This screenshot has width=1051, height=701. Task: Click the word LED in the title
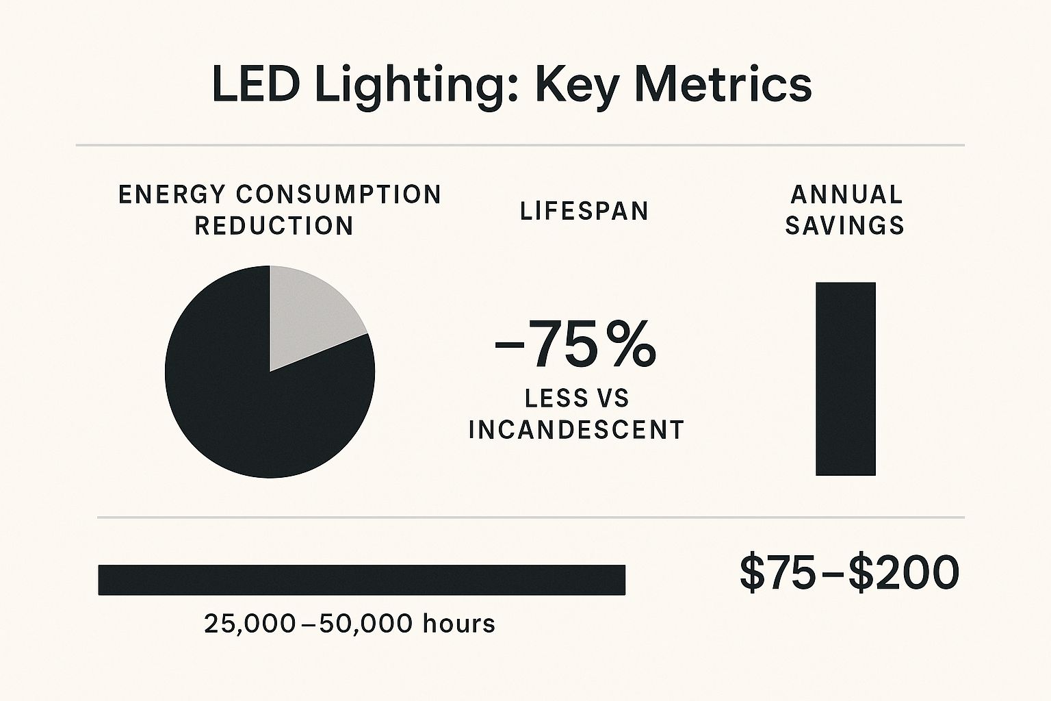coord(255,85)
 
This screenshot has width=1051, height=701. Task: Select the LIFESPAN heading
coord(584,211)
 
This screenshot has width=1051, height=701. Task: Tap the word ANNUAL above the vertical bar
coord(846,194)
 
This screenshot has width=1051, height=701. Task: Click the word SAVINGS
coord(845,225)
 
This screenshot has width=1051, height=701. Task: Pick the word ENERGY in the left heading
coord(171,194)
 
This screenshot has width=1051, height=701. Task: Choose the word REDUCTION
coord(274,225)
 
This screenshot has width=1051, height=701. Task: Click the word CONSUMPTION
coord(339,194)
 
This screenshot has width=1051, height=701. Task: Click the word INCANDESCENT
coord(577,430)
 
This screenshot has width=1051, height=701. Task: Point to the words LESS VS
coord(577,398)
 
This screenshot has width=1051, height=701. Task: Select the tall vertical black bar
coord(846,379)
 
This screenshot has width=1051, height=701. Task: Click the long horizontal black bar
coord(362,580)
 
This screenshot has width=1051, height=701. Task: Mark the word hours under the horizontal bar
coord(458,624)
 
